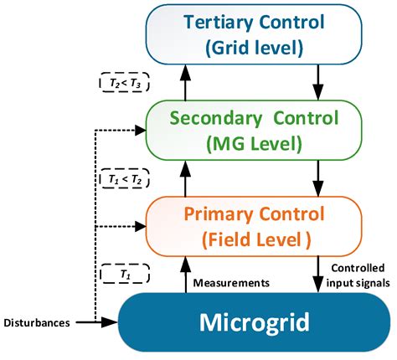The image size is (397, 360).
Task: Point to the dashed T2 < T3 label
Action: pos(124,83)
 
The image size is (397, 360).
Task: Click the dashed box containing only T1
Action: pos(124,273)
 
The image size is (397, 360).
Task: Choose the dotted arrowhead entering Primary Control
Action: pos(140,224)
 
